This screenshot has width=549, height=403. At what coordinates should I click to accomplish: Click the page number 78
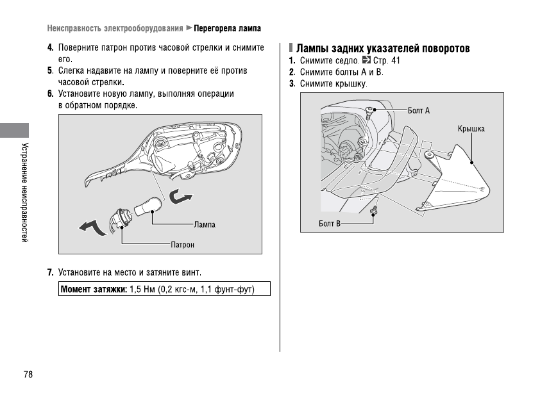click(28, 375)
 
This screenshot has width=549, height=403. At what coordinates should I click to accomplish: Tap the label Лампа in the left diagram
click(205, 225)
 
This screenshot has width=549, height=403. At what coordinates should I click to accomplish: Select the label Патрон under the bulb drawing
click(183, 245)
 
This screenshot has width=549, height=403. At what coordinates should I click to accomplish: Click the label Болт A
click(419, 111)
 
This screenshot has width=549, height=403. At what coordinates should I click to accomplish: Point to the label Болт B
click(330, 224)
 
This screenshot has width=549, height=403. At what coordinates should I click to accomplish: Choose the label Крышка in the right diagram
click(471, 129)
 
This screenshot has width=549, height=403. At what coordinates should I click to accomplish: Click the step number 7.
click(50, 272)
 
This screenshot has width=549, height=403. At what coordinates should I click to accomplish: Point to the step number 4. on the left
click(50, 48)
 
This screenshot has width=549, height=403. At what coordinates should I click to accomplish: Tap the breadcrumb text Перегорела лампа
click(227, 29)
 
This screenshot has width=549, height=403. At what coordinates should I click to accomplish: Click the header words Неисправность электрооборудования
click(114, 29)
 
